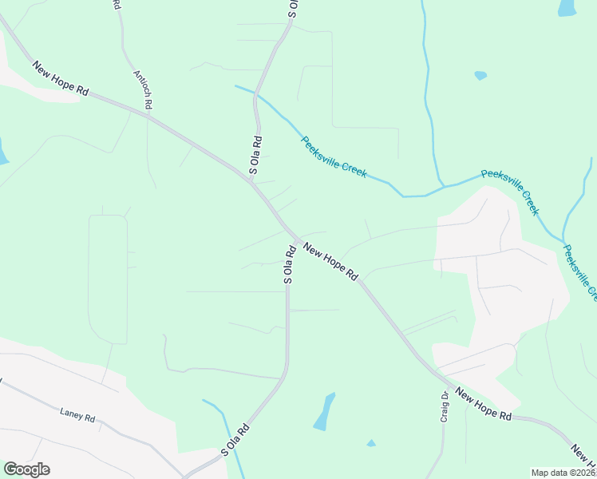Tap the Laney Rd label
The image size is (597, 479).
77,416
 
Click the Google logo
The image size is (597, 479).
26,469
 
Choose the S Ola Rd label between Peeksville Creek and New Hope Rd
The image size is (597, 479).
256,155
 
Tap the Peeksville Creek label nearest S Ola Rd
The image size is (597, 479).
334,156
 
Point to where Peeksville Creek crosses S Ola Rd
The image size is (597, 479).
255,93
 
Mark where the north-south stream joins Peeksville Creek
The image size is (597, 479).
441,187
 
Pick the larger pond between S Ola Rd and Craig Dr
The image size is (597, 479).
323,411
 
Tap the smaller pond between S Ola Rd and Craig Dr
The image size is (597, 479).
371,442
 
